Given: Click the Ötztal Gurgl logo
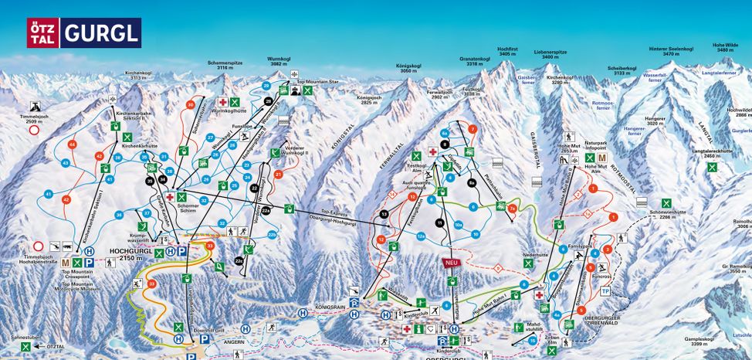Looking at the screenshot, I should tap(84, 33).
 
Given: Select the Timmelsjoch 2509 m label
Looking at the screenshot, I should tap(35, 118).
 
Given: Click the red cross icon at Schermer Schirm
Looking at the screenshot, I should tap(169, 197).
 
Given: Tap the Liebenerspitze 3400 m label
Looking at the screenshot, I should tap(550, 55).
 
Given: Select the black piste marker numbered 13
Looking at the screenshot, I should tap(384, 214).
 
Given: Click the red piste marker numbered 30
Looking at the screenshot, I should tap(190, 104).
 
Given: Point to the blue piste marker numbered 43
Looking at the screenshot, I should tap(66, 163).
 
